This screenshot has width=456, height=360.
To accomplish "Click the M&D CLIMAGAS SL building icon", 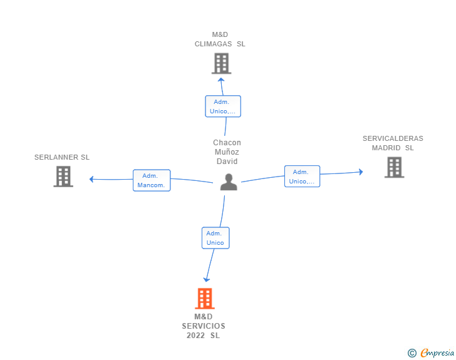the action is coord(221,63).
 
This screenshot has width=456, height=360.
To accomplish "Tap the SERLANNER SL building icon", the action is coord(63,177).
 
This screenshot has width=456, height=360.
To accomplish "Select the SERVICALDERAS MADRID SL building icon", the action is coord(395,167).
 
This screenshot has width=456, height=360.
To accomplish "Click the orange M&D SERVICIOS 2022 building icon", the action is coord(205,299).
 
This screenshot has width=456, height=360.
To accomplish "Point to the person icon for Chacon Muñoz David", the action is coord(229,182).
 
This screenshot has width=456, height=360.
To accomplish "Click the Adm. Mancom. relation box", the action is coord(152,180).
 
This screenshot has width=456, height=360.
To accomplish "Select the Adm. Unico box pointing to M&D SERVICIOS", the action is coord(215,238).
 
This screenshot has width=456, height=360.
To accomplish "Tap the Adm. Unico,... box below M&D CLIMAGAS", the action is coord(223,106).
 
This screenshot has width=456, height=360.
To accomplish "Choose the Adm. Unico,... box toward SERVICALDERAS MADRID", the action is coord(302,176).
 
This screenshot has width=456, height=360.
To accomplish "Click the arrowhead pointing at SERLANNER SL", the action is coord(91,179).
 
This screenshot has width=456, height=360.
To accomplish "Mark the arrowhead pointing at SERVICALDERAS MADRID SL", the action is coord(361,172).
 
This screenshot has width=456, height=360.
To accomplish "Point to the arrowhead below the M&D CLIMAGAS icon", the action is coord(221,80).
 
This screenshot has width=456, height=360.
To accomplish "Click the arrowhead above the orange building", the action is coord(207,280).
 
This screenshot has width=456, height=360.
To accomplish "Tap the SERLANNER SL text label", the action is coord(62,157).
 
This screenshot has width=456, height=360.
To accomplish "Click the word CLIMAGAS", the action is coord(213,44).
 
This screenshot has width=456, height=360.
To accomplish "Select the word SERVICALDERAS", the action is coord(393,138).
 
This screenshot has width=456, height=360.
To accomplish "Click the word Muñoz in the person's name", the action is coord(227,152).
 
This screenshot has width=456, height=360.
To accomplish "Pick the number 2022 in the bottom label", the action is coord(195,336).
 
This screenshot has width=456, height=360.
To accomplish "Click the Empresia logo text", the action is coord(437,352).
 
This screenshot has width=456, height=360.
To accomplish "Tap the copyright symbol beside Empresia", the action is coord(412,353).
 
